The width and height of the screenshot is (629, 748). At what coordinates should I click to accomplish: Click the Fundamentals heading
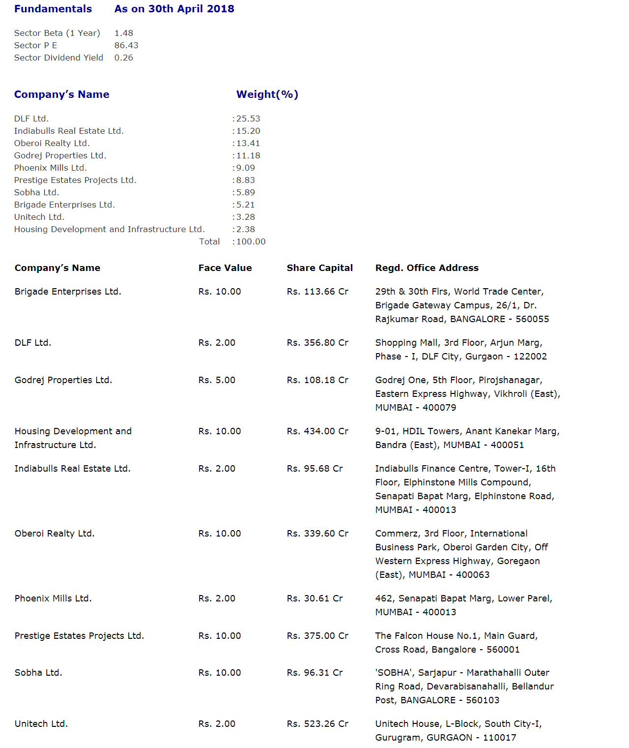pyautogui.click(x=53, y=9)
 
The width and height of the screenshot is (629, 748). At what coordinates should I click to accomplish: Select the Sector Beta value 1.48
pyautogui.click(x=124, y=33)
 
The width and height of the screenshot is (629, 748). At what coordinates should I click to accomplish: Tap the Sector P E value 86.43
pyautogui.click(x=126, y=45)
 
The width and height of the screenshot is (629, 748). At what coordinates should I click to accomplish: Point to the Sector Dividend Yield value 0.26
pyautogui.click(x=124, y=58)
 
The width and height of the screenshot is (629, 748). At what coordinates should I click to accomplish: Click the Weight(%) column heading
pyautogui.click(x=267, y=94)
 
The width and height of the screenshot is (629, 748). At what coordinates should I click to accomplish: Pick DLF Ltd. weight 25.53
pyautogui.click(x=248, y=119)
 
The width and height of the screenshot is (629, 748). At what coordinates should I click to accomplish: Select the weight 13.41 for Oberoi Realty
pyautogui.click(x=248, y=143)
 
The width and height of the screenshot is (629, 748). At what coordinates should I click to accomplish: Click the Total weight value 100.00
pyautogui.click(x=251, y=241)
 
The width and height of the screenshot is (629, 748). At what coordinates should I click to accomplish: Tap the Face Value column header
pyautogui.click(x=225, y=268)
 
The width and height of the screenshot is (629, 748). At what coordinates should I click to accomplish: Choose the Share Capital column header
pyautogui.click(x=320, y=268)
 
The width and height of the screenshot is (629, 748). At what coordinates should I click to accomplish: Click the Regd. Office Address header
pyautogui.click(x=427, y=268)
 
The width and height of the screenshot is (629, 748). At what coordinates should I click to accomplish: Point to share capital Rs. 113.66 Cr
pyautogui.click(x=317, y=292)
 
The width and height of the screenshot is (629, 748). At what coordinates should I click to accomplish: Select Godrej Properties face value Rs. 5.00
pyautogui.click(x=217, y=380)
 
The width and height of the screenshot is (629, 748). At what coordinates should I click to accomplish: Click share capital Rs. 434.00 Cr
pyautogui.click(x=317, y=431)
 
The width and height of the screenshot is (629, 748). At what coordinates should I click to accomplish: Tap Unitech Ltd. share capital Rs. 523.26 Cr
pyautogui.click(x=317, y=724)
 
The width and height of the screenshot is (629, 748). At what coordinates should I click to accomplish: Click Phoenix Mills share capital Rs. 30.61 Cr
pyautogui.click(x=315, y=598)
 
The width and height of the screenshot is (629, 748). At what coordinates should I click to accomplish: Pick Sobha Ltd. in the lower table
pyautogui.click(x=38, y=673)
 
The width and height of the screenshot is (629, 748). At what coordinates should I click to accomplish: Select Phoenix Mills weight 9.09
pyautogui.click(x=246, y=168)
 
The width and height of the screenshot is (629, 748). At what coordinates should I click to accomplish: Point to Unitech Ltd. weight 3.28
pyautogui.click(x=246, y=217)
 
